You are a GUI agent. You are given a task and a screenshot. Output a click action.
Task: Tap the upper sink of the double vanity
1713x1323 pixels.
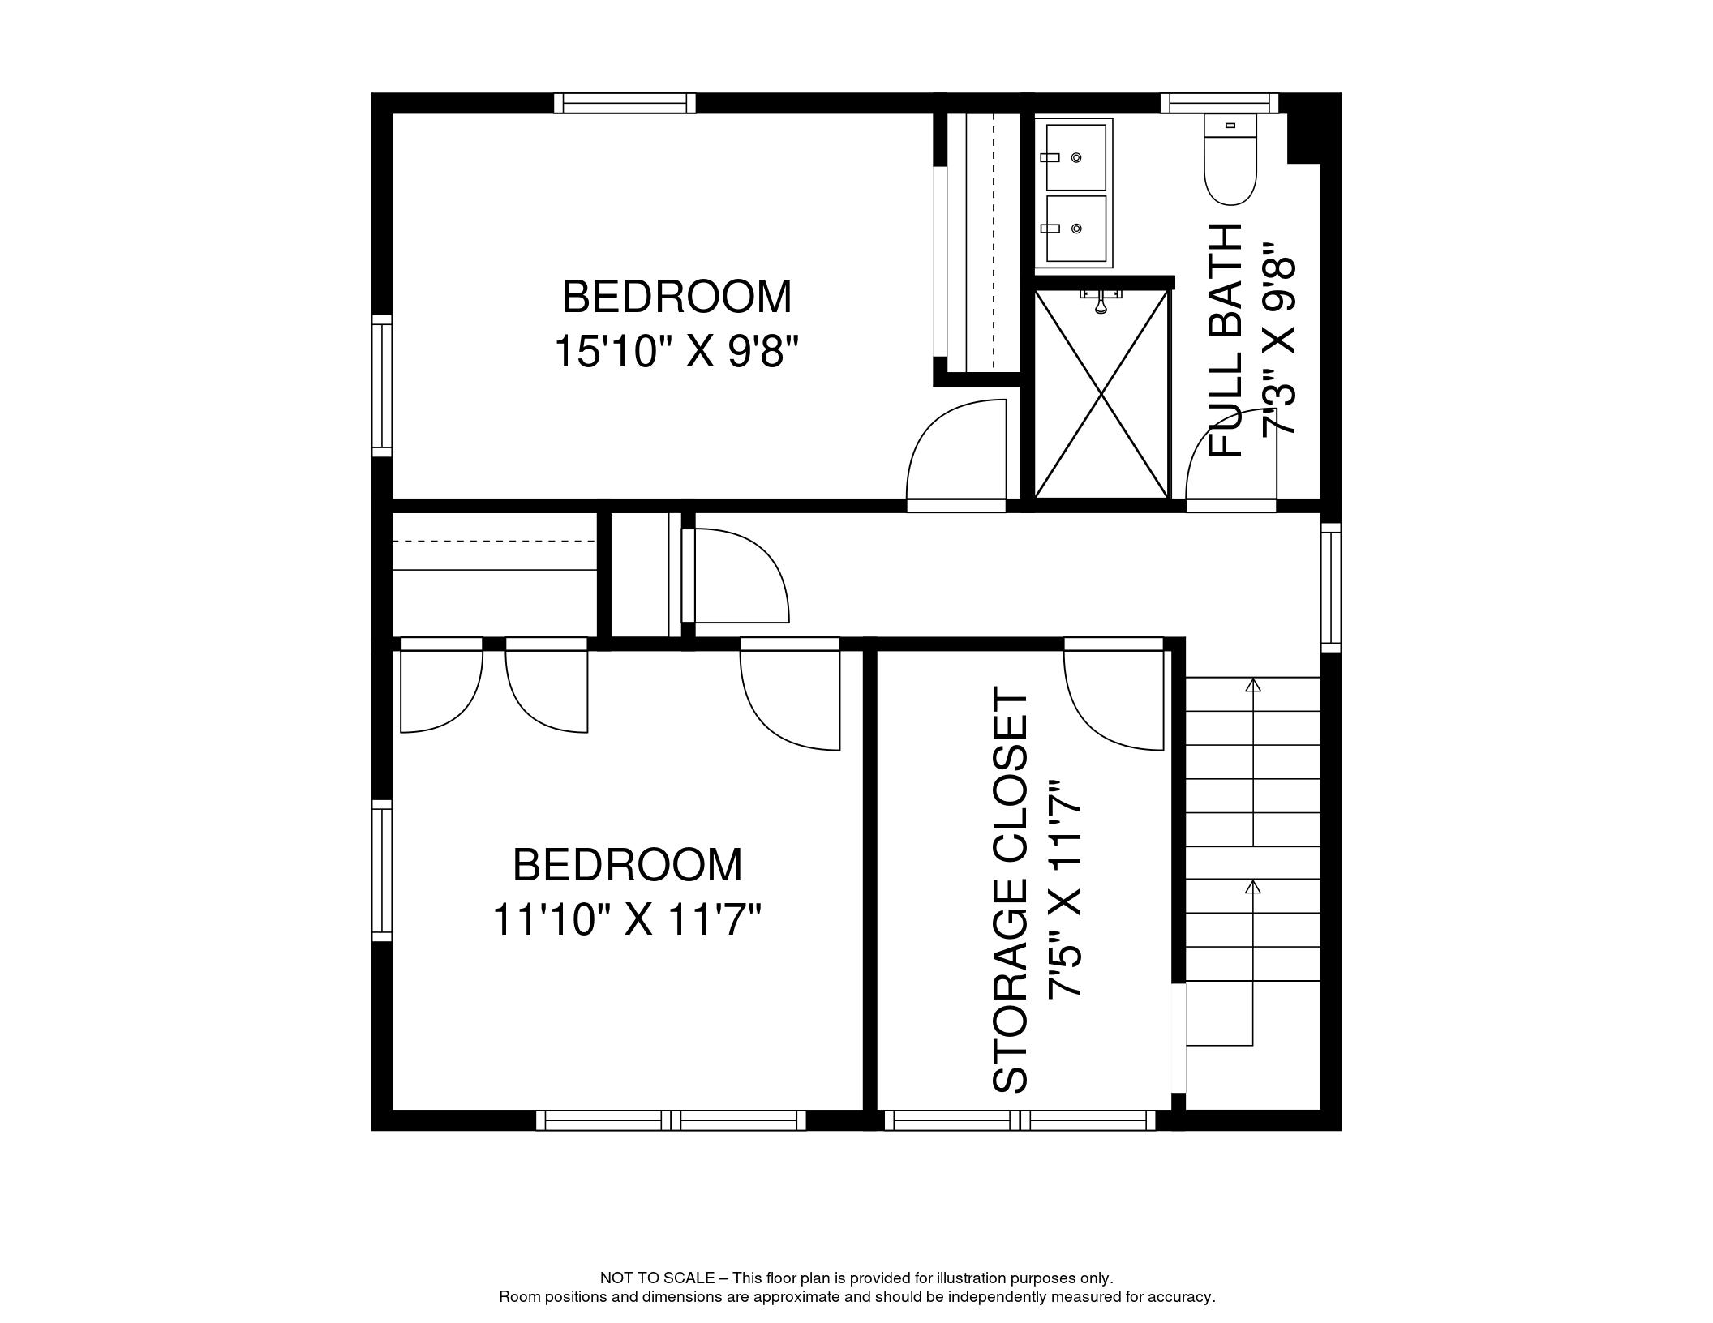click(1075, 157)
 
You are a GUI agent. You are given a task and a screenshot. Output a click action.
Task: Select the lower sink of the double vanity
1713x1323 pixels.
click(1075, 229)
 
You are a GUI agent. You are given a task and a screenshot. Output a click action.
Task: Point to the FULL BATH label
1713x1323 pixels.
click(1226, 340)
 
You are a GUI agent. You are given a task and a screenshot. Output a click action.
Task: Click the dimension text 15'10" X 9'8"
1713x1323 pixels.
click(676, 353)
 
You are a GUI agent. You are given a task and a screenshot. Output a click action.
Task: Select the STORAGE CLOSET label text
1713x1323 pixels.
click(1011, 892)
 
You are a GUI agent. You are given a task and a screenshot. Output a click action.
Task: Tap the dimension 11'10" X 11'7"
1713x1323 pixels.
click(627, 920)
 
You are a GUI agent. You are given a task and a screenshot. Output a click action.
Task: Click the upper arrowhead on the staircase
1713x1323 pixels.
click(1254, 686)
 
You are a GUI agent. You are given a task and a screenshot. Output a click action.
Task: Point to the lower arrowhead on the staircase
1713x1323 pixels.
click(1254, 887)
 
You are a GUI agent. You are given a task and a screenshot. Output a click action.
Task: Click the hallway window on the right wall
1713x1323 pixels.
click(1331, 588)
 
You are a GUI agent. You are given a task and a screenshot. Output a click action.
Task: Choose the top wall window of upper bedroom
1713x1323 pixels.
click(625, 103)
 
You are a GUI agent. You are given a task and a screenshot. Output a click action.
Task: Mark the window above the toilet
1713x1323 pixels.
click(1219, 103)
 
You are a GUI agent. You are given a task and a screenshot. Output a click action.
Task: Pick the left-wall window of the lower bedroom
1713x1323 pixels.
click(381, 871)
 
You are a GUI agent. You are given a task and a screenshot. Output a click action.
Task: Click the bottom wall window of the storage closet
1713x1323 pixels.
click(1020, 1120)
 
